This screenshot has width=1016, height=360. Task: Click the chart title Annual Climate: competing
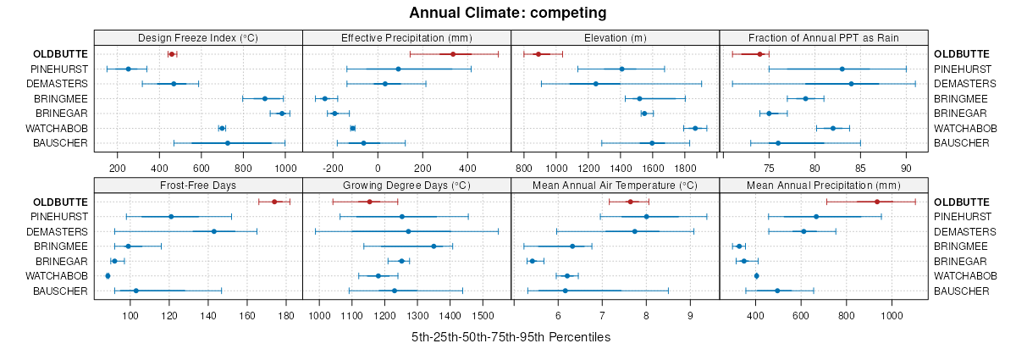click(507, 13)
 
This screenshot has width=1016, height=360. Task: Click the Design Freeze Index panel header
click(198, 37)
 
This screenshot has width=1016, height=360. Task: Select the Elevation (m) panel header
click(616, 37)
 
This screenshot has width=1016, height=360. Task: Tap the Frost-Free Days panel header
click(198, 185)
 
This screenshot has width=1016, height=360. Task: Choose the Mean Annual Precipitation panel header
click(824, 185)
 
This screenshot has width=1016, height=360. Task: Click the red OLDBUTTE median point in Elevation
click(538, 54)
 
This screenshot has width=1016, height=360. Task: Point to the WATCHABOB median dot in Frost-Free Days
click(108, 275)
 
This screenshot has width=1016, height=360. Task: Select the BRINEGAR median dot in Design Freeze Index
click(282, 113)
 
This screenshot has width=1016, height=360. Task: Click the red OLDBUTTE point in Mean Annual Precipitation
click(877, 202)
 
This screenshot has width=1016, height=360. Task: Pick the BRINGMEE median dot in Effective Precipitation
click(324, 98)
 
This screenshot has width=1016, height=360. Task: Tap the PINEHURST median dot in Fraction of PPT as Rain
click(842, 69)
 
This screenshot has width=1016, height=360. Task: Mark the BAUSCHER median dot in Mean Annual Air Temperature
click(565, 291)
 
